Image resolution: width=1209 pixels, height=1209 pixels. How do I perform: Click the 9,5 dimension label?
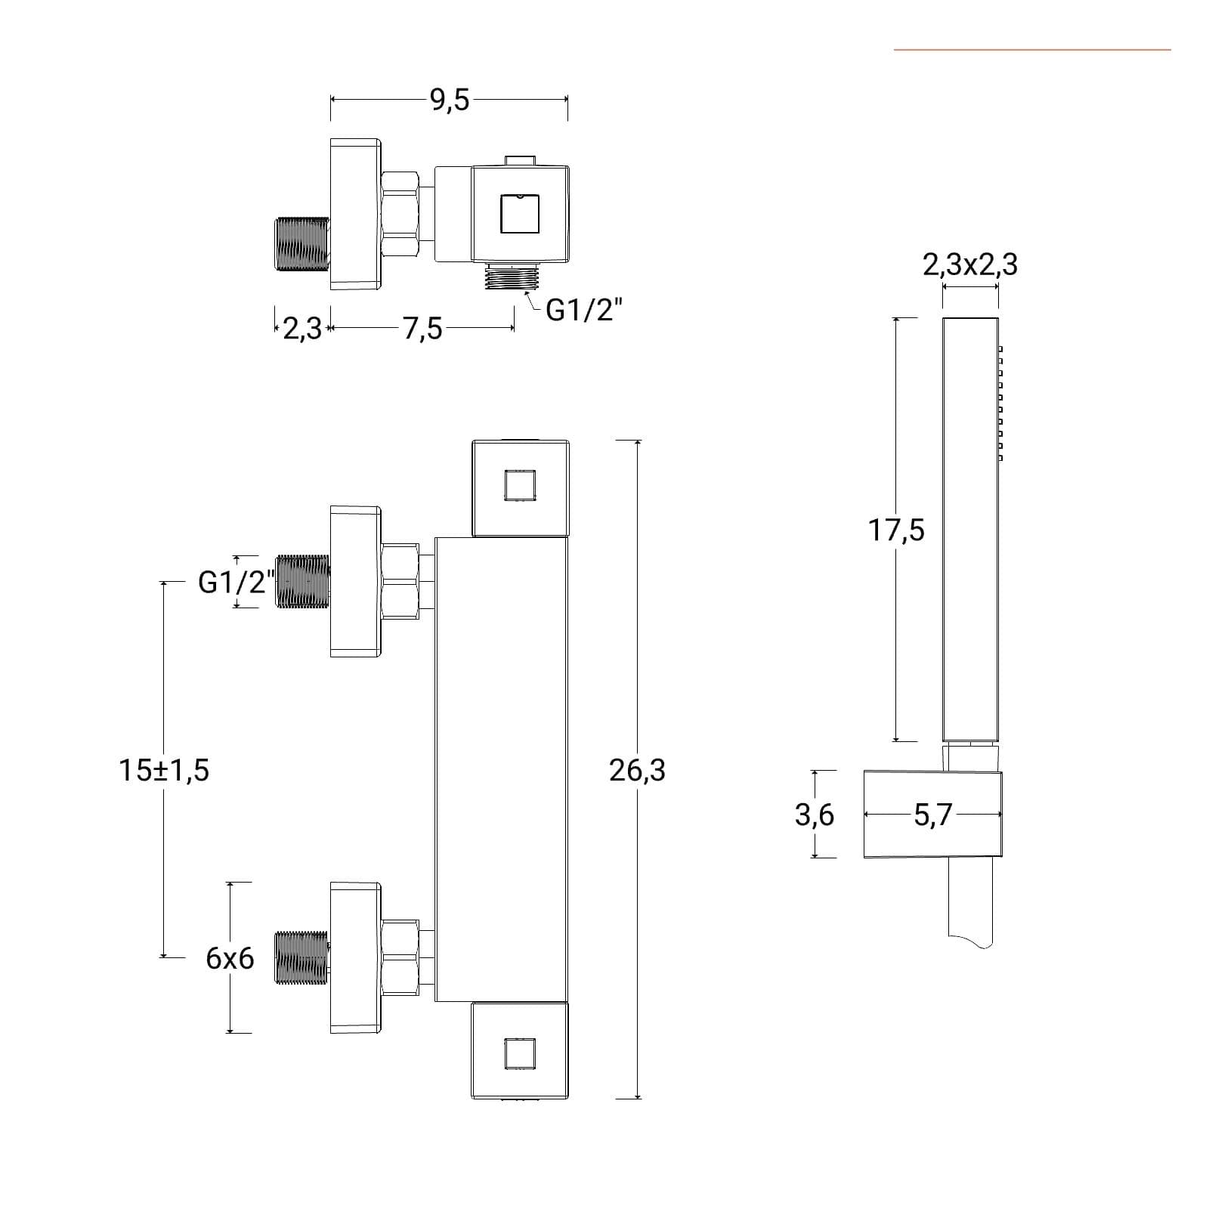pyautogui.click(x=450, y=100)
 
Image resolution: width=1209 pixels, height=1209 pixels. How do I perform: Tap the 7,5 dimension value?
pyautogui.click(x=422, y=329)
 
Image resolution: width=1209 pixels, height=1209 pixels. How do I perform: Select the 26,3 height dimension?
pyautogui.click(x=637, y=771)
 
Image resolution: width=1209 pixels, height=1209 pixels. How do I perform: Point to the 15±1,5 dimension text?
pyautogui.click(x=164, y=771)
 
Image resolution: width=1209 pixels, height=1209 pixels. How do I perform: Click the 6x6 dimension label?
pyautogui.click(x=230, y=959)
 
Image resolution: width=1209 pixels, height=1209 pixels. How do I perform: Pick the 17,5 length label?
pyautogui.click(x=896, y=530)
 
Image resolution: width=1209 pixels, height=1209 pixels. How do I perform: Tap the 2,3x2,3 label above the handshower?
pyautogui.click(x=970, y=265)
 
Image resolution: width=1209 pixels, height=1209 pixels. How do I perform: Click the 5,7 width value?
pyautogui.click(x=934, y=816)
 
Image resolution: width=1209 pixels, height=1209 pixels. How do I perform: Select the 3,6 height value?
pyautogui.click(x=815, y=816)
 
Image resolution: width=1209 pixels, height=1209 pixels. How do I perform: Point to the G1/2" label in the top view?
pyautogui.click(x=584, y=310)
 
